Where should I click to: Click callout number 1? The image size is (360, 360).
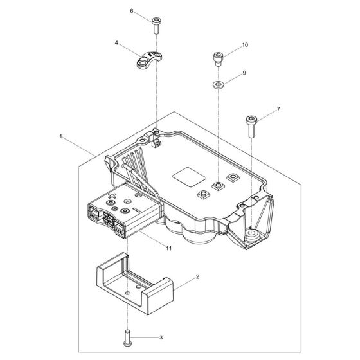pyautogui.click(x=60, y=137)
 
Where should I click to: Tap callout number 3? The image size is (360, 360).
pyautogui.click(x=161, y=336)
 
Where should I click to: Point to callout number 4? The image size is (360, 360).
pyautogui.click(x=116, y=44)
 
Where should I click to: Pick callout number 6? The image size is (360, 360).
pyautogui.click(x=132, y=12)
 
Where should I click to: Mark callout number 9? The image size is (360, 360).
pyautogui.click(x=244, y=74)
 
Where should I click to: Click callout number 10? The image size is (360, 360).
pyautogui.click(x=244, y=46)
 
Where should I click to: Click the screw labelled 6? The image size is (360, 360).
pyautogui.click(x=157, y=26)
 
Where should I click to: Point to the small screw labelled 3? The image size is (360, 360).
pyautogui.click(x=127, y=335)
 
